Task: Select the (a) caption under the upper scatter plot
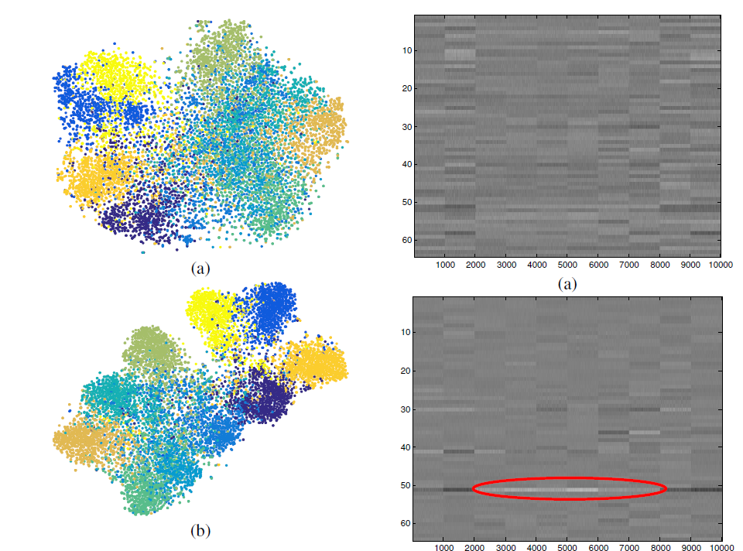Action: tap(200, 269)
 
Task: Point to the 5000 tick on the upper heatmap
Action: tap(567, 265)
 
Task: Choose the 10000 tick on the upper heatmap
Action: tap(720, 265)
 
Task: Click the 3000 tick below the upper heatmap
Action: tap(505, 265)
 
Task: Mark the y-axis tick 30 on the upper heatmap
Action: tap(405, 126)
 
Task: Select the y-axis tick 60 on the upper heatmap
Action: tap(405, 240)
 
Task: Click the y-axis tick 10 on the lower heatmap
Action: tap(405, 333)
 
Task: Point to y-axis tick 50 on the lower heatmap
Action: tap(405, 485)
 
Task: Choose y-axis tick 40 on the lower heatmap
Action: tap(405, 447)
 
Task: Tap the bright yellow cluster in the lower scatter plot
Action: tap(213, 313)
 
